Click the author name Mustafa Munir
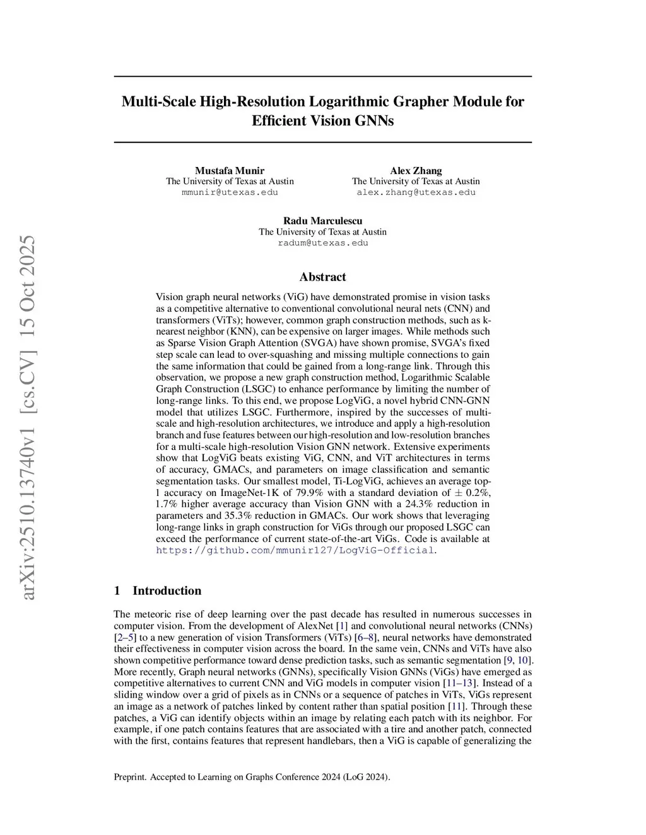[230, 171]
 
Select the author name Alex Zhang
[416, 171]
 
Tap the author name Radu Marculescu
[322, 221]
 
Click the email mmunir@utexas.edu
[230, 192]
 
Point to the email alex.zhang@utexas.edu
[416, 192]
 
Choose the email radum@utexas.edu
[322, 243]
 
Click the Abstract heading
[322, 277]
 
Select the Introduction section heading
[167, 590]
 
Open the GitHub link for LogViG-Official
[295, 550]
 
